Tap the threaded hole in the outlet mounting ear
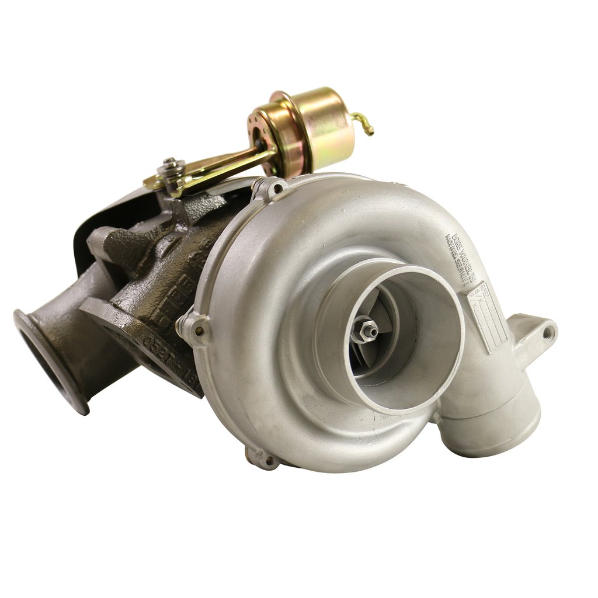coord(547,333)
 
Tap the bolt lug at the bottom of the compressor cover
coord(264,460)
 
